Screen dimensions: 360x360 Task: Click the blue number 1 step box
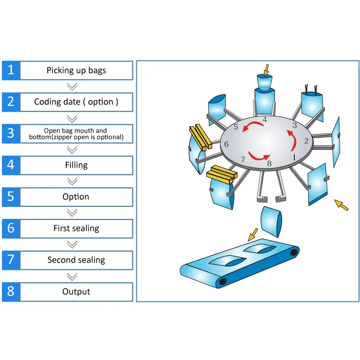[11, 71]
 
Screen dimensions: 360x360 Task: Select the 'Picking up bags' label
[76, 71]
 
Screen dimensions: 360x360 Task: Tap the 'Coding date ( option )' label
[76, 102]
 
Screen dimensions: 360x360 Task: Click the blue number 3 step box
[11, 133]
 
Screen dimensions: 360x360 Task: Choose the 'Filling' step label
[76, 165]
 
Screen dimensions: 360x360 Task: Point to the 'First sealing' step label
[76, 228]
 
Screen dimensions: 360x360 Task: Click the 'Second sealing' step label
[76, 260]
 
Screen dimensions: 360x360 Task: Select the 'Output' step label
[76, 292]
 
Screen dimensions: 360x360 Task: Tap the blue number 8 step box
[11, 292]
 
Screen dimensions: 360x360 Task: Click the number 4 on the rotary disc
[264, 120]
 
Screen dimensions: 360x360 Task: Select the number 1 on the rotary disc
[294, 157]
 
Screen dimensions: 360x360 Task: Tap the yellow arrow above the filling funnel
[266, 70]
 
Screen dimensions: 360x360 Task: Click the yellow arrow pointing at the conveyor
[252, 234]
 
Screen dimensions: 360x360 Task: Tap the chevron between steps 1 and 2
[72, 86]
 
